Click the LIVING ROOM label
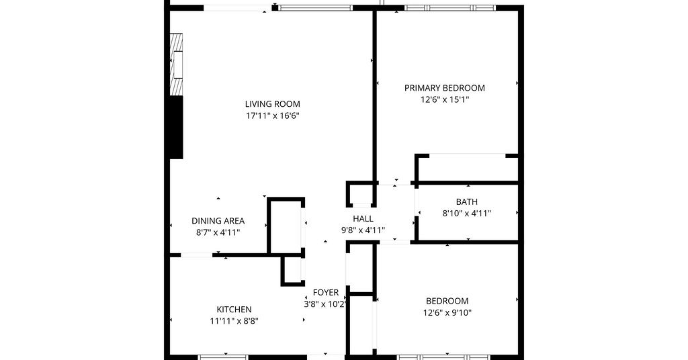click(x=273, y=104)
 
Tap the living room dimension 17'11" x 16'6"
click(x=273, y=116)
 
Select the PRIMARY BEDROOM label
click(x=445, y=88)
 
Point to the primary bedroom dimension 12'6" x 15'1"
click(x=445, y=99)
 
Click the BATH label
click(x=466, y=201)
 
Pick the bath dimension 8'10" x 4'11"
click(x=466, y=214)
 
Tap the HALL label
click(x=363, y=218)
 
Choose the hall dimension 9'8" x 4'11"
click(x=363, y=230)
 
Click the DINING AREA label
click(x=218, y=221)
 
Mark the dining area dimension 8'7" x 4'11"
click(x=218, y=232)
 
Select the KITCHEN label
click(x=234, y=310)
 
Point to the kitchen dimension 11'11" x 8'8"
click(x=234, y=321)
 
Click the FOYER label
click(x=326, y=292)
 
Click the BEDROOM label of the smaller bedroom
click(x=447, y=302)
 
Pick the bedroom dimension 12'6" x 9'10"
click(x=447, y=312)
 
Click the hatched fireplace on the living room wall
click(x=176, y=64)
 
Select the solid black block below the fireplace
click(x=176, y=127)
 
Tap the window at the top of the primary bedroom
click(x=450, y=7)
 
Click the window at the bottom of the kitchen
click(x=224, y=357)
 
